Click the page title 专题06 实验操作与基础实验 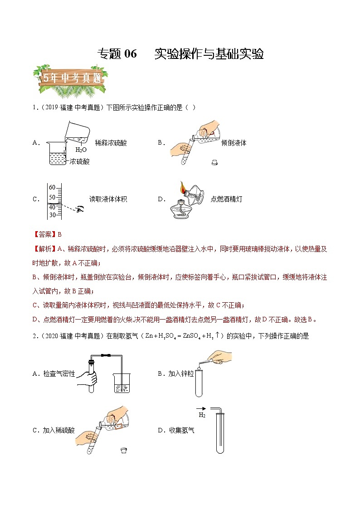[180, 54]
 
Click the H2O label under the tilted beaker [81, 150]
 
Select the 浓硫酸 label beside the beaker [80, 161]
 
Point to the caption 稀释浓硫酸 [111, 143]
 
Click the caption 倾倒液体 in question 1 [234, 143]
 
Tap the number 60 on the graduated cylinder [52, 187]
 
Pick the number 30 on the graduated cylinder [52, 215]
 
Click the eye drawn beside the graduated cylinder [80, 209]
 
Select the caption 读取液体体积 [108, 199]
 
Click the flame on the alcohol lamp [182, 186]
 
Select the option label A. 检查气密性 [54, 374]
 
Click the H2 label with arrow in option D [202, 413]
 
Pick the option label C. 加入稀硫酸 [54, 431]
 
